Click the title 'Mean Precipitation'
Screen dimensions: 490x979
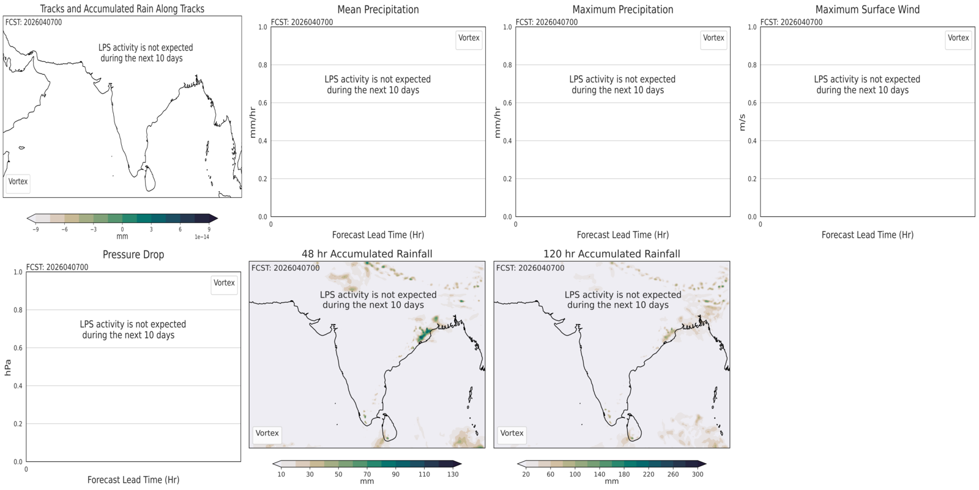(x=378, y=10)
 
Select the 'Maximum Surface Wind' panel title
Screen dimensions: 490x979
(x=867, y=10)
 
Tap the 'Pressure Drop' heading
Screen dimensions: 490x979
(x=133, y=255)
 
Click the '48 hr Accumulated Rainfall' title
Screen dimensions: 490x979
(x=367, y=254)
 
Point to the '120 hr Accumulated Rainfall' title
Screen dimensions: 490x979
(x=611, y=254)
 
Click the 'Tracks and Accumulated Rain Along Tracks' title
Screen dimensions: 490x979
(x=122, y=9)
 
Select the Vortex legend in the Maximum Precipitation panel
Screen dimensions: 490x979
(x=713, y=38)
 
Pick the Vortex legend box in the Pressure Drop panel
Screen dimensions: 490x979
(x=224, y=283)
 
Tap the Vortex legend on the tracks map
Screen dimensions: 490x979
(x=18, y=181)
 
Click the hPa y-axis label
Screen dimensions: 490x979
(x=8, y=367)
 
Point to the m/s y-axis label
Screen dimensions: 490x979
(x=742, y=123)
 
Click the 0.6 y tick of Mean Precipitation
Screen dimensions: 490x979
(x=262, y=103)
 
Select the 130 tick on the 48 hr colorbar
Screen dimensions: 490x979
(x=453, y=474)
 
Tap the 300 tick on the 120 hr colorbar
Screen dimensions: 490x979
(x=698, y=474)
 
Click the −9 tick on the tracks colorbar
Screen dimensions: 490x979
(x=36, y=230)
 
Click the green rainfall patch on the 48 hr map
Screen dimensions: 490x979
(x=423, y=334)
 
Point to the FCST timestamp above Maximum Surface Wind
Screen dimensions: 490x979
(x=792, y=22)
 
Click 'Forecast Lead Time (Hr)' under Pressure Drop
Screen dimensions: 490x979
(x=133, y=480)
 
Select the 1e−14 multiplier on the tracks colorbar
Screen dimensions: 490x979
(x=202, y=237)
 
